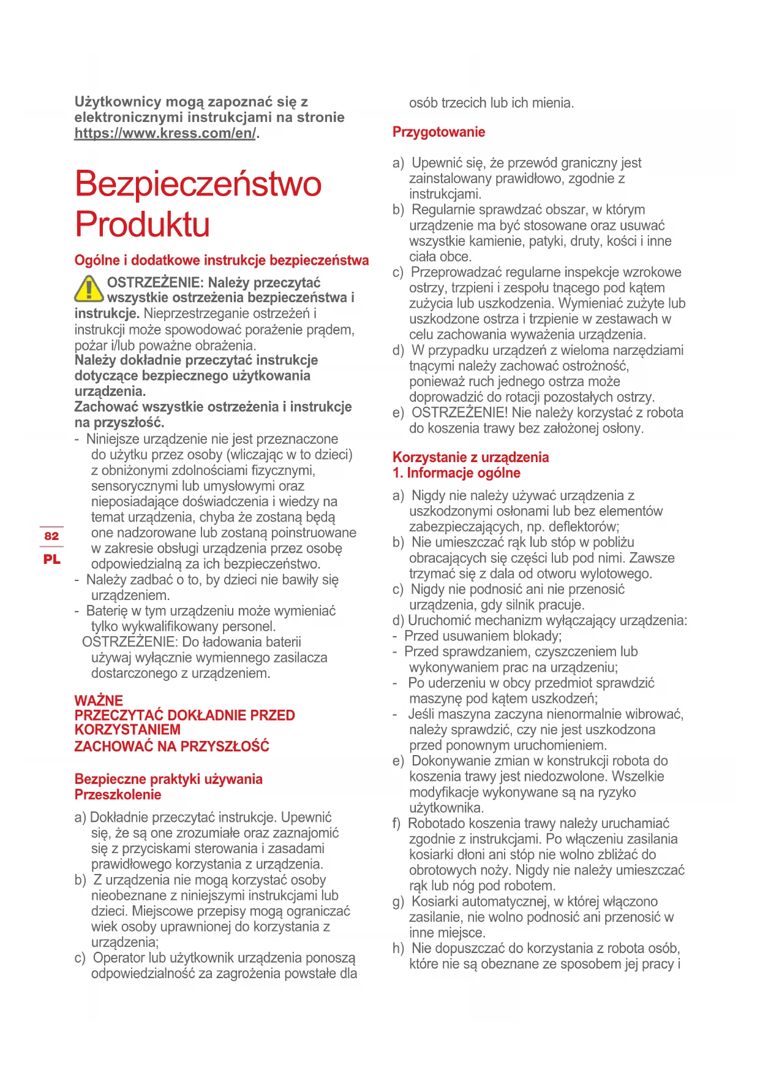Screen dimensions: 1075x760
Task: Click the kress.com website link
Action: [165, 133]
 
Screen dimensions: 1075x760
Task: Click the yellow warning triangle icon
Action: [89, 289]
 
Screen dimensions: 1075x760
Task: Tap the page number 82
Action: [51, 536]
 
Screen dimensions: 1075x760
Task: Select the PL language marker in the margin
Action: [52, 559]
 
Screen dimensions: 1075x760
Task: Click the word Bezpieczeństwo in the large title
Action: [198, 183]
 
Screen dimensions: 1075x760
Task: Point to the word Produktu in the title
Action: [142, 224]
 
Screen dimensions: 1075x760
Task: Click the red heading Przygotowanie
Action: [438, 132]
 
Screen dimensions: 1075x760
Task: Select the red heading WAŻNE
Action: [99, 701]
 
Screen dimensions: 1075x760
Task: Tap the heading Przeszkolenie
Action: [118, 794]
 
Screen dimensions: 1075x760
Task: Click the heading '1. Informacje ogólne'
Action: [456, 473]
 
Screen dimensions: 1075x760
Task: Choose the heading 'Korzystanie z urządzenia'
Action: [470, 457]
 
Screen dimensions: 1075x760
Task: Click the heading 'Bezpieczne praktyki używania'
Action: [168, 779]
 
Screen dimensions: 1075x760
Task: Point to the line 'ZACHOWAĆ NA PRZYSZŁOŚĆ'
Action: [171, 746]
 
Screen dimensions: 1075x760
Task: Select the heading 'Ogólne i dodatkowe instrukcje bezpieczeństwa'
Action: [222, 260]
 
